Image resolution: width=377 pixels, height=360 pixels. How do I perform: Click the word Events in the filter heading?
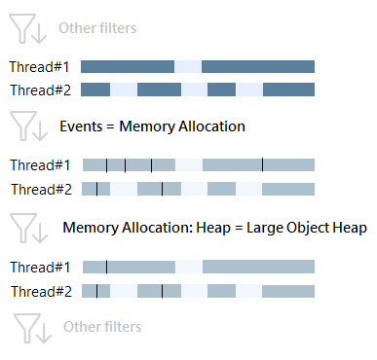80,126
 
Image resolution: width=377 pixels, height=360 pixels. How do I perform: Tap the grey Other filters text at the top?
97,29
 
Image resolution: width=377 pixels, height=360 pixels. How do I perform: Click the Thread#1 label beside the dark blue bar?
39,67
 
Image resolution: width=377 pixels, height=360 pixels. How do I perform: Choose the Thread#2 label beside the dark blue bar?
39,90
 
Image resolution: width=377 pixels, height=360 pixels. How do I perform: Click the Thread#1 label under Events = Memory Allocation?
39,165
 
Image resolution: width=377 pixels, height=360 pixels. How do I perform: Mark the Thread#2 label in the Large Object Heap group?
39,291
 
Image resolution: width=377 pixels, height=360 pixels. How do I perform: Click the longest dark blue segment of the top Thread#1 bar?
258,67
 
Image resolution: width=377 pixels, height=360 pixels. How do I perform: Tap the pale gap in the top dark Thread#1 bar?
188,67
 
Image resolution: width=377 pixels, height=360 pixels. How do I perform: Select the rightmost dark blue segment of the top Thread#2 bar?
288,90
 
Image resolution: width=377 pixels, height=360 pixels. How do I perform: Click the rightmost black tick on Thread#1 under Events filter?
262,164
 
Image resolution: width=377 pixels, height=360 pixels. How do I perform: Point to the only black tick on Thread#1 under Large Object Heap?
106,266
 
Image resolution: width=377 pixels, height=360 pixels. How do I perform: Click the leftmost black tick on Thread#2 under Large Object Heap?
96,290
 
